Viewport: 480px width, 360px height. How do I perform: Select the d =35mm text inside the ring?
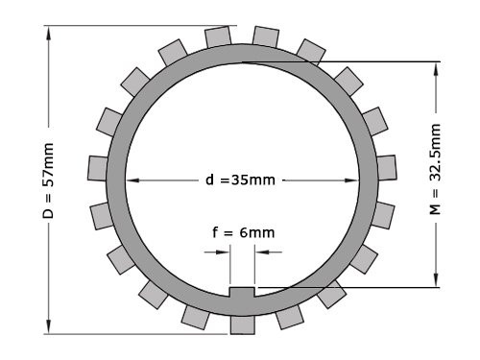pos(241,180)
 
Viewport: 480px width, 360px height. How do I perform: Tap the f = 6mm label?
pos(243,232)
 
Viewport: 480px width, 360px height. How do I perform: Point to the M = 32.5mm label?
pos(435,173)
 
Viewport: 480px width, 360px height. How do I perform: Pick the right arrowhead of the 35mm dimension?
pos(367,180)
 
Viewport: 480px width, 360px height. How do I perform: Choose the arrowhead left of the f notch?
pos(225,252)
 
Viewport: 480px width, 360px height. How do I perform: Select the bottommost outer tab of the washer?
pos(243,322)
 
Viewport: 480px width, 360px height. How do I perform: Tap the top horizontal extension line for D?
pos(144,24)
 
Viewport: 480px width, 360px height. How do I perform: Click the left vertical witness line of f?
pos(230,264)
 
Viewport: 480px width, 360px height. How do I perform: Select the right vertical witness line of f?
pos(254,264)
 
